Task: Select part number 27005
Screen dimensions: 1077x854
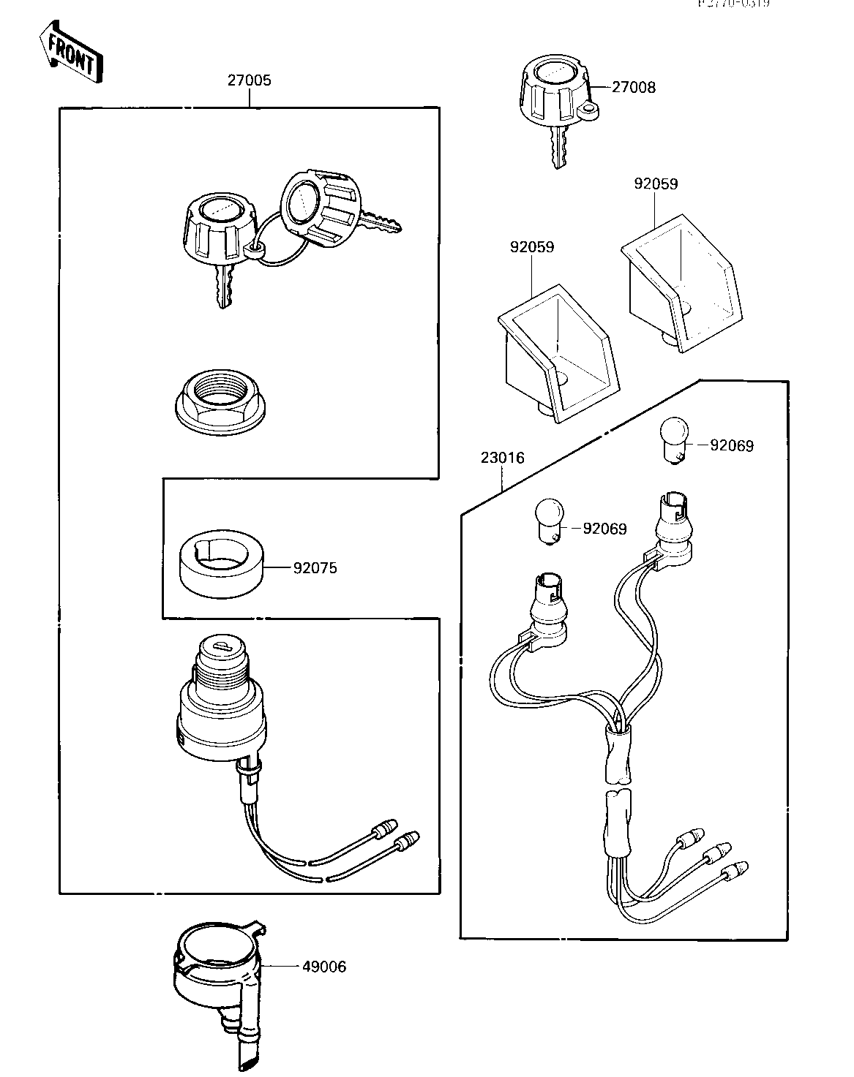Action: [x=248, y=80]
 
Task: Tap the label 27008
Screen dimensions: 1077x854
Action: [x=633, y=88]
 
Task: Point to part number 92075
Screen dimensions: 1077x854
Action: [x=315, y=568]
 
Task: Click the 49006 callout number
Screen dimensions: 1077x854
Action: [x=323, y=967]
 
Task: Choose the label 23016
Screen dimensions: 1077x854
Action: [x=503, y=458]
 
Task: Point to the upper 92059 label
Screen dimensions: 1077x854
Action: [x=655, y=184]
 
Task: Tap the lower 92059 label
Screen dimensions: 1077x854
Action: [x=531, y=247]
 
